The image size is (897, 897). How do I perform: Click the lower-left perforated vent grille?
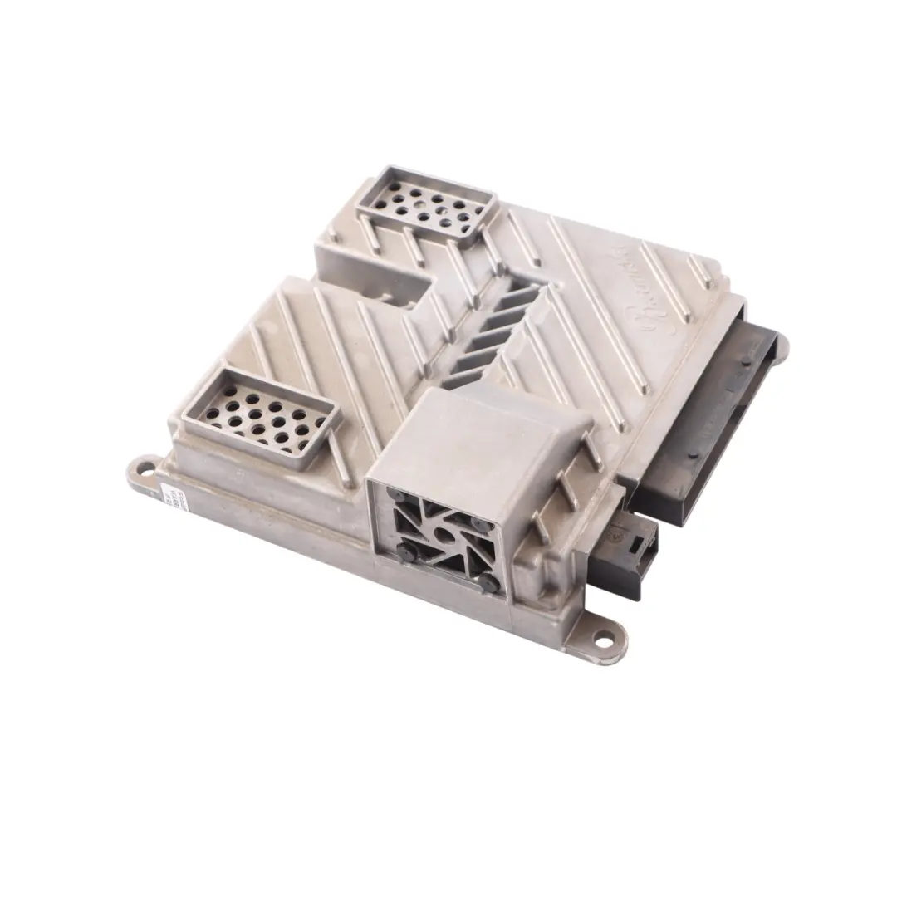[x=259, y=418]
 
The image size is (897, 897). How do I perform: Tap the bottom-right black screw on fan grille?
[x=489, y=581]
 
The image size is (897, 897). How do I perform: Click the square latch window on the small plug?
[x=638, y=545]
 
